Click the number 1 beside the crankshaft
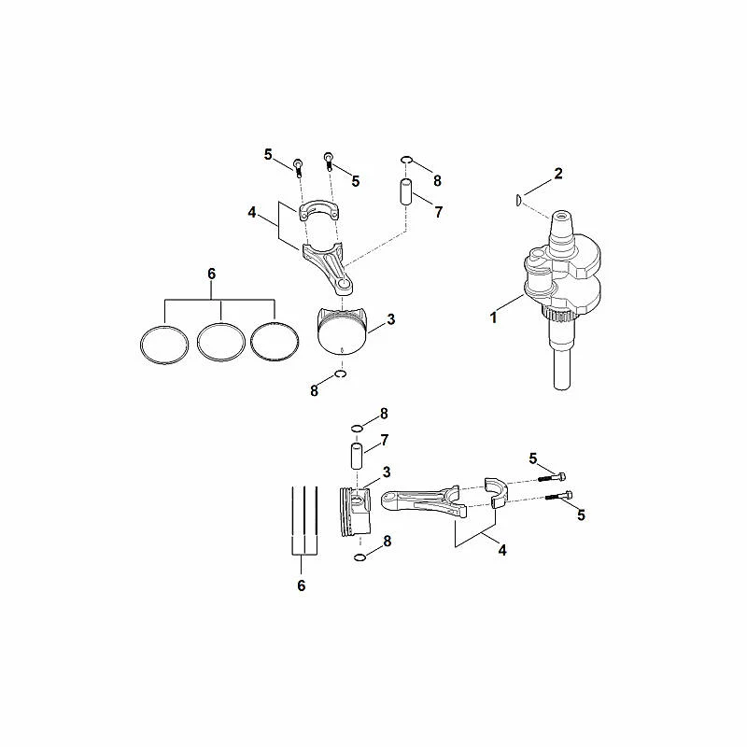[x=494, y=317]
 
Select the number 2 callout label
[x=558, y=174]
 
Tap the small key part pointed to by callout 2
[x=519, y=200]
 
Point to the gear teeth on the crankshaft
[x=561, y=315]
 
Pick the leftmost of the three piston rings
[x=164, y=345]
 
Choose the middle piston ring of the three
[x=221, y=342]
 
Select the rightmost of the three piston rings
[x=275, y=341]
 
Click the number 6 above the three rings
[x=212, y=274]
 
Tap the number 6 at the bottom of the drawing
[x=301, y=585]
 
